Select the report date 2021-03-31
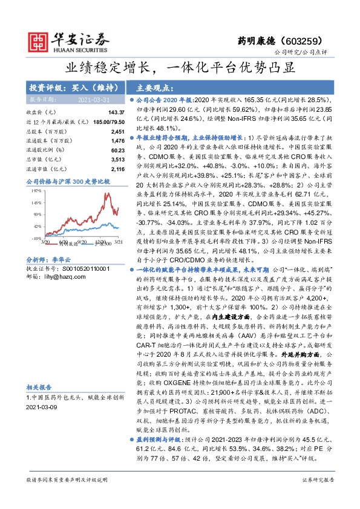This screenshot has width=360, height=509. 93,99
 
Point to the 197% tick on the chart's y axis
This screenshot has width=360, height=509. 36,189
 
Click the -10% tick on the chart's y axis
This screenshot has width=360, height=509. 36,239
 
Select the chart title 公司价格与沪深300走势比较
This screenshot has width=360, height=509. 68,181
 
